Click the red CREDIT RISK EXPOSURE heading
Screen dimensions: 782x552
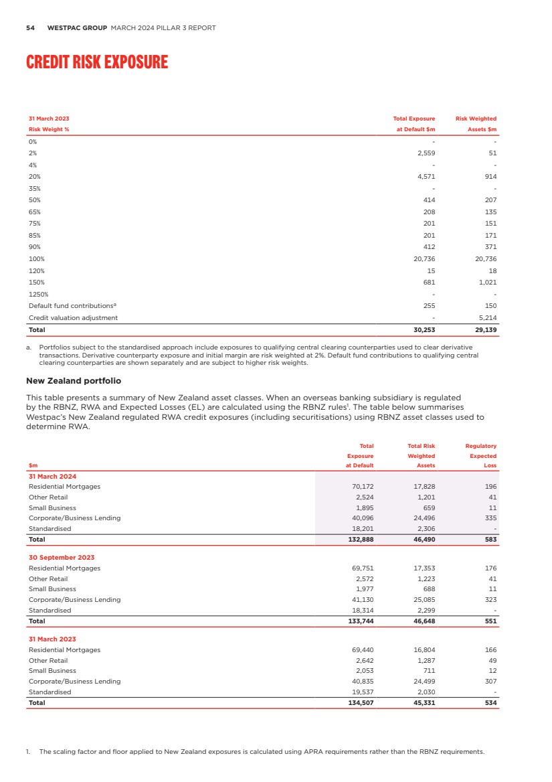pos(97,62)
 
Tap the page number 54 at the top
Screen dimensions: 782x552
pos(30,28)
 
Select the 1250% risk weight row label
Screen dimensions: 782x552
pos(38,294)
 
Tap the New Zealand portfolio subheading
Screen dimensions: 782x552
pos(74,380)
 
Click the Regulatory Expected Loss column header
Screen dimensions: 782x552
pos(480,455)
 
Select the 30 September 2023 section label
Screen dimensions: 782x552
pos(62,557)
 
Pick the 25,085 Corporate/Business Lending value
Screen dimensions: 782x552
pos(424,599)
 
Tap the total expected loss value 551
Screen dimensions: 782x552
pos(490,621)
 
